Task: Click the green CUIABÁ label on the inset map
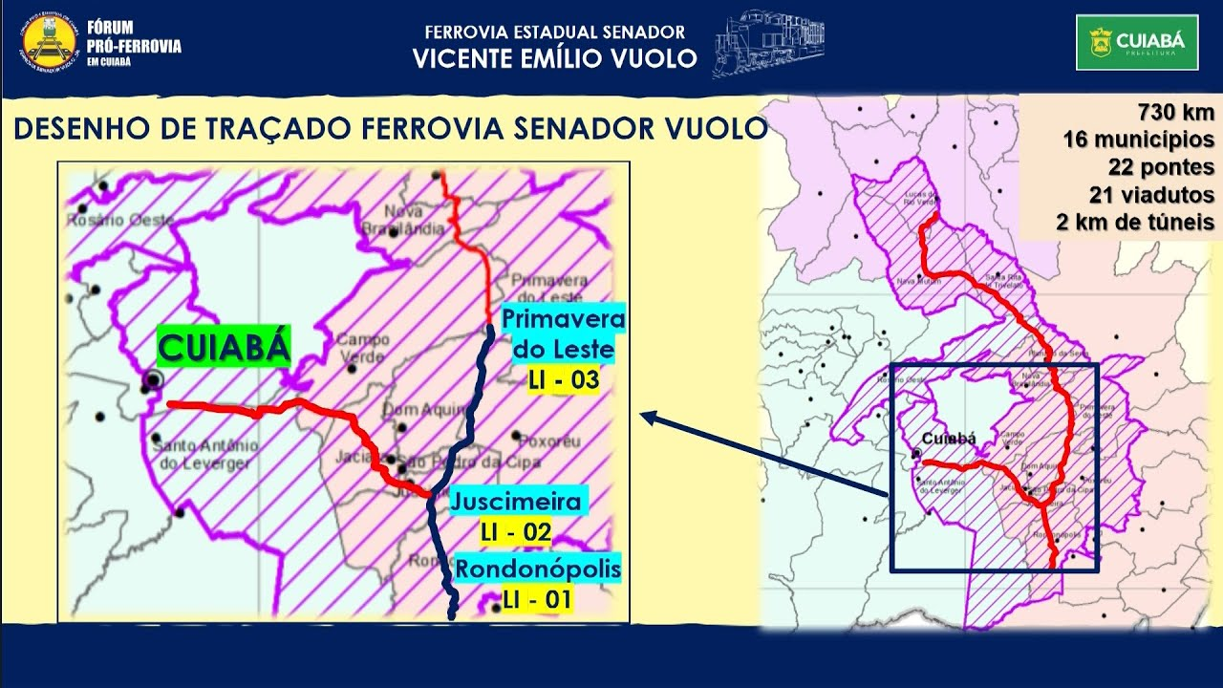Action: (223, 349)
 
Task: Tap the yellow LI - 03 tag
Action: (564, 380)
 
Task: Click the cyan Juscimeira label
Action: (516, 502)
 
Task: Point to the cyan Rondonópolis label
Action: (538, 570)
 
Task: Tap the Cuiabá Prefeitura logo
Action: (1136, 42)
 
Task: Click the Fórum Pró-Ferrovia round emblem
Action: (48, 42)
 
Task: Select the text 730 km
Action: (1176, 111)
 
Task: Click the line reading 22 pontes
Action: (1161, 167)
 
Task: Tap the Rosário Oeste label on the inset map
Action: (120, 221)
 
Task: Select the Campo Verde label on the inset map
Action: (362, 348)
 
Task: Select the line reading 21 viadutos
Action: (1151, 195)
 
